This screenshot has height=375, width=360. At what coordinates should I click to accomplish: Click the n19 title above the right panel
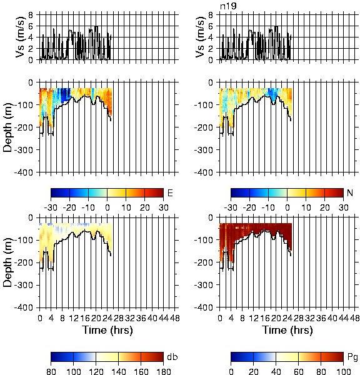[228, 6]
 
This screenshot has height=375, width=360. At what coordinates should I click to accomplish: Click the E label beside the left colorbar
[170, 192]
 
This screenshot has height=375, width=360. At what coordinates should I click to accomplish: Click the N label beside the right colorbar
[350, 192]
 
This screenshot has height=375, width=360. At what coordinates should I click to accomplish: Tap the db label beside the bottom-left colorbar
[172, 357]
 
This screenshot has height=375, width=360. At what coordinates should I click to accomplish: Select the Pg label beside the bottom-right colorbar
[352, 357]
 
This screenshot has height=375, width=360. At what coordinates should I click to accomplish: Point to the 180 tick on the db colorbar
[163, 371]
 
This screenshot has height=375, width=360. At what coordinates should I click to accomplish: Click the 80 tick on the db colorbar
[51, 371]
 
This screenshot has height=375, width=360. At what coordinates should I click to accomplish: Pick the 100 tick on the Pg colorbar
[344, 371]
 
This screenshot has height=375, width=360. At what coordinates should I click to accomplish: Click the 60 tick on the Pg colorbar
[299, 371]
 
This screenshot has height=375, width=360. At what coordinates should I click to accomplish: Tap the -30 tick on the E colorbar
[51, 207]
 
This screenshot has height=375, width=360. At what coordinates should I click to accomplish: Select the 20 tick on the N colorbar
[325, 207]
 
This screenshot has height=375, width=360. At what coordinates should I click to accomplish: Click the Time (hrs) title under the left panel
[107, 330]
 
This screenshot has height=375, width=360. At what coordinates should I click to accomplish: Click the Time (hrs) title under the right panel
[287, 330]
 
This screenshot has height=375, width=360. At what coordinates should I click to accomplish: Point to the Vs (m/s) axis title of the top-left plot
[21, 37]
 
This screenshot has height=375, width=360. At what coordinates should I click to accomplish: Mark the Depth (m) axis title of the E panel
[7, 127]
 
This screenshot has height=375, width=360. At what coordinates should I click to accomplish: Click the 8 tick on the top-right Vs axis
[211, 15]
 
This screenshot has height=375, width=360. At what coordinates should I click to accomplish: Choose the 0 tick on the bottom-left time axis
[40, 318]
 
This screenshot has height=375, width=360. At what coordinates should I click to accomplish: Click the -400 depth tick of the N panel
[203, 172]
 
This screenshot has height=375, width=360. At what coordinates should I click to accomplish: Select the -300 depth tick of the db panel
[24, 285]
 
